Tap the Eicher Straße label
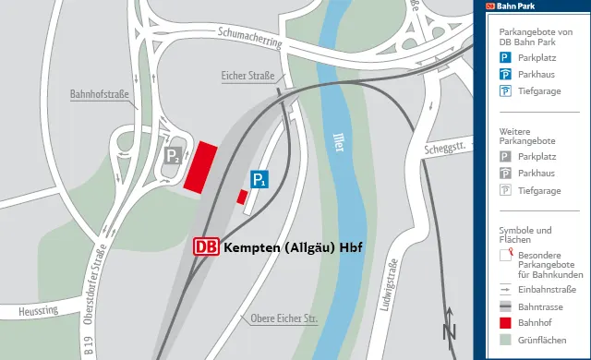[x=248, y=75]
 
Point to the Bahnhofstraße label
[x=99, y=94]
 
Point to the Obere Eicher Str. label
[x=283, y=319]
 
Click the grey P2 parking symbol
[x=173, y=156]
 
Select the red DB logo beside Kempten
[x=207, y=247]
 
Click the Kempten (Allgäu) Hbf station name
[x=293, y=247]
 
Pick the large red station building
[x=199, y=166]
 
